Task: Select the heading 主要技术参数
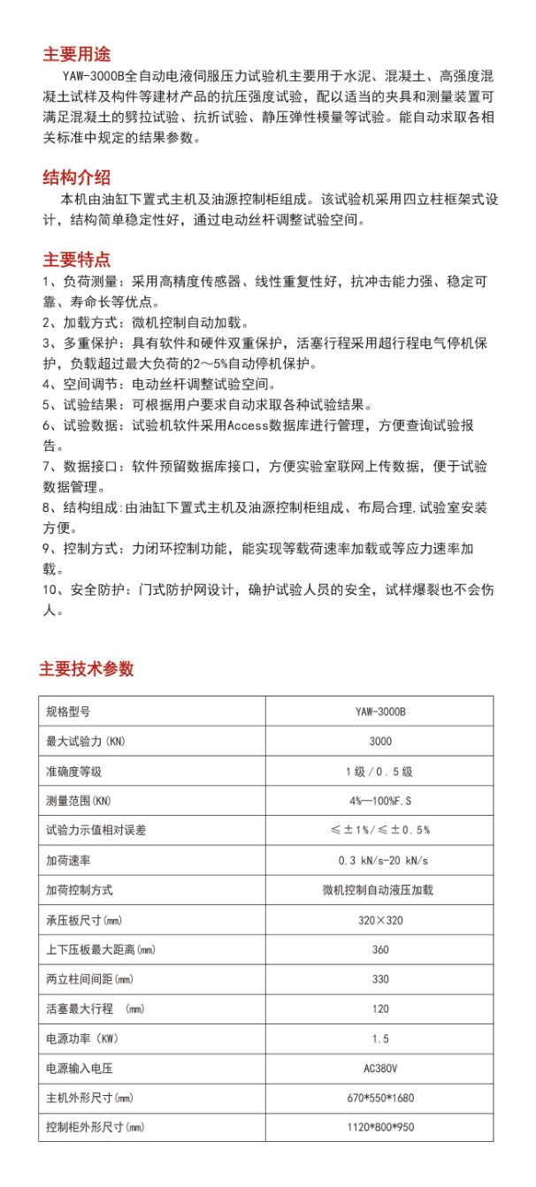tap(86, 668)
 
